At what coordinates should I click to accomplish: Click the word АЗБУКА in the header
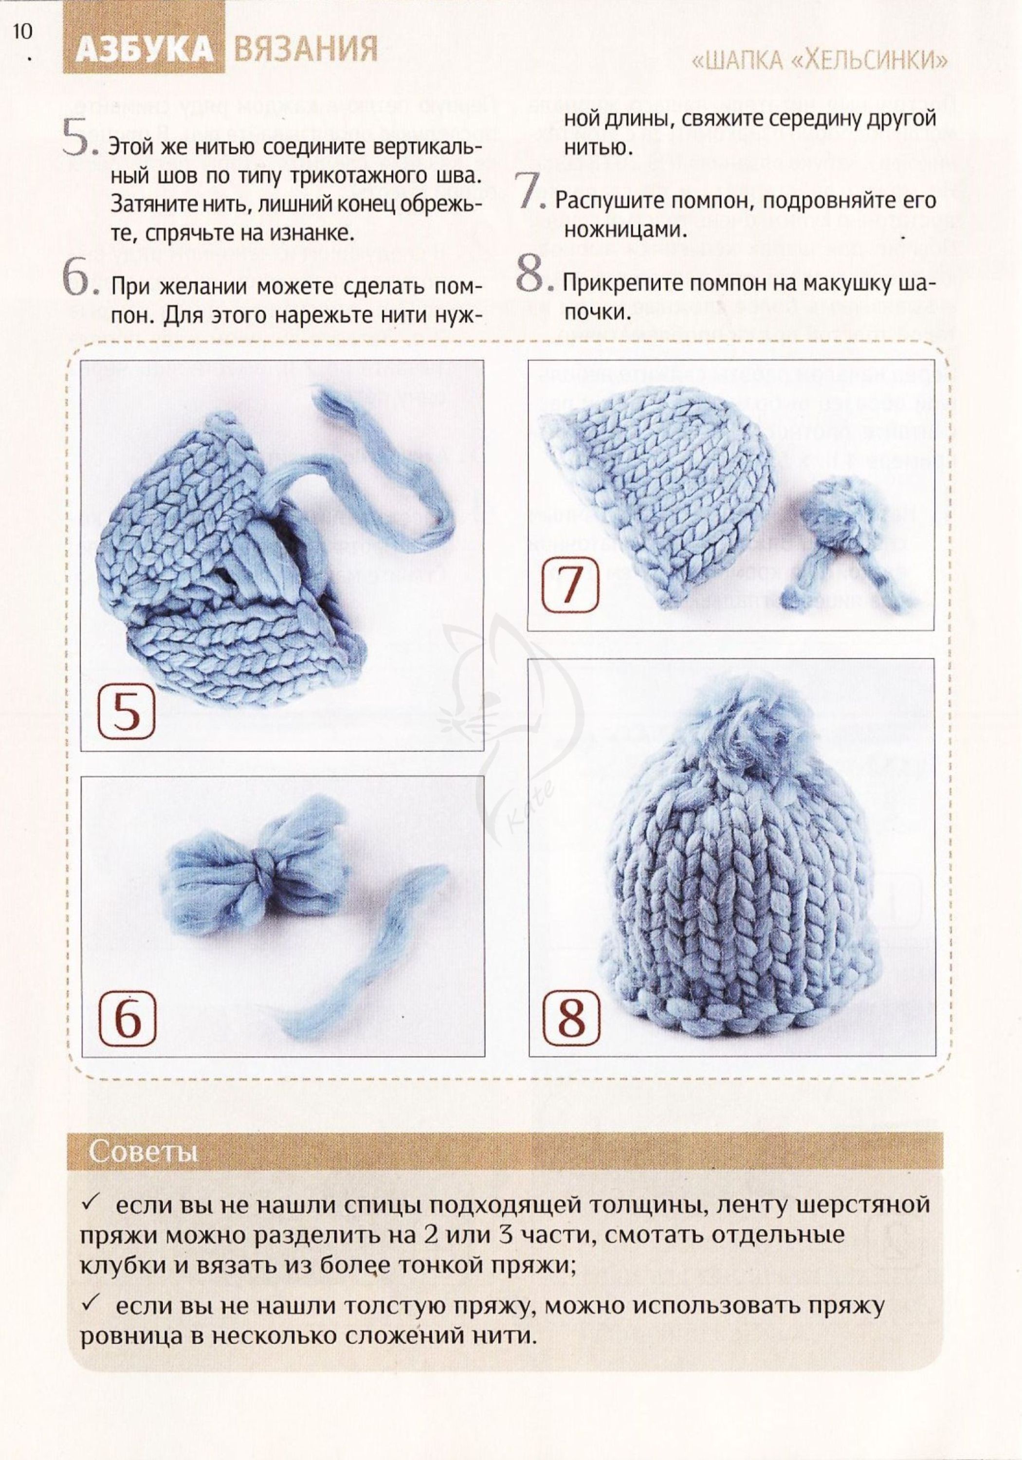[x=144, y=50]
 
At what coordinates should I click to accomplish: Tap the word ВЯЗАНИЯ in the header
[x=305, y=50]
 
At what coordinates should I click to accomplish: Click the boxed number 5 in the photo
[x=127, y=712]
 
